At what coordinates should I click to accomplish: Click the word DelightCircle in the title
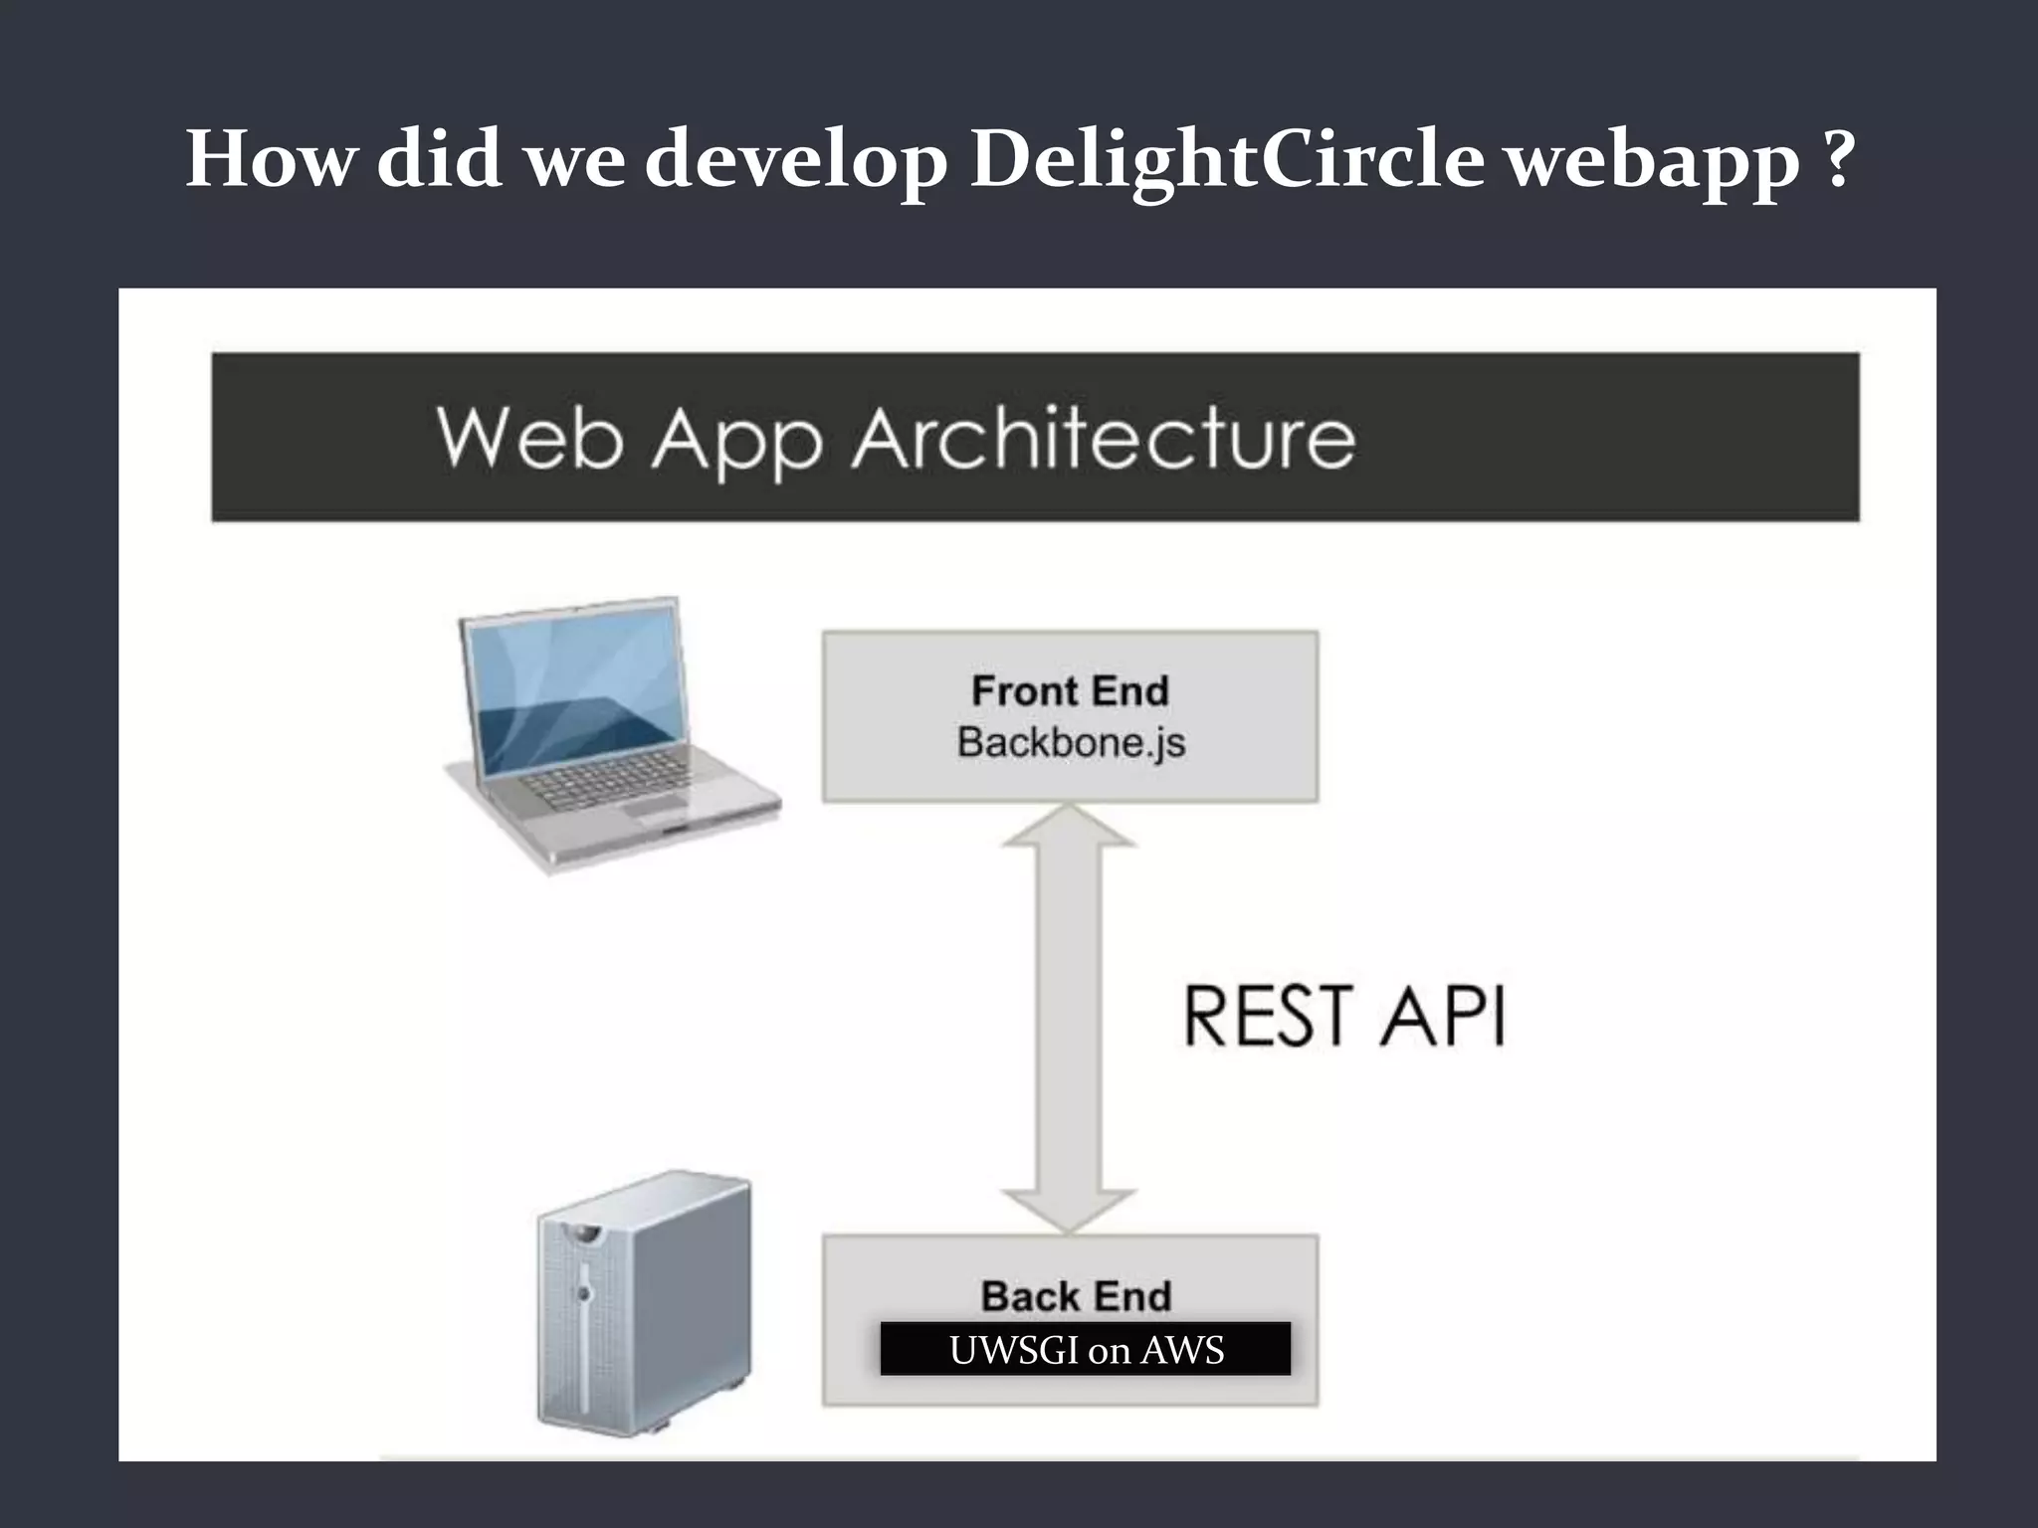pyautogui.click(x=1226, y=159)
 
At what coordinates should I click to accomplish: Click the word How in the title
pyautogui.click(x=269, y=159)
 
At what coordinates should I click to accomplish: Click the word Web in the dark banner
pyautogui.click(x=528, y=439)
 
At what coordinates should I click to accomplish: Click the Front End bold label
pyautogui.click(x=1070, y=690)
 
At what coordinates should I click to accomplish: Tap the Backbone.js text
pyautogui.click(x=1071, y=743)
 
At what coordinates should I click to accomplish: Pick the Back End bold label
pyautogui.click(x=1076, y=1295)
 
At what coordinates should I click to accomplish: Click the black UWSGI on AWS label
pyautogui.click(x=1085, y=1350)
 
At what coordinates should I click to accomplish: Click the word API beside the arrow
pyautogui.click(x=1442, y=1016)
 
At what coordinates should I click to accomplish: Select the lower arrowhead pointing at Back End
pyautogui.click(x=1069, y=1210)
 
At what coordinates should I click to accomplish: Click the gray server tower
pyautogui.click(x=643, y=1303)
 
